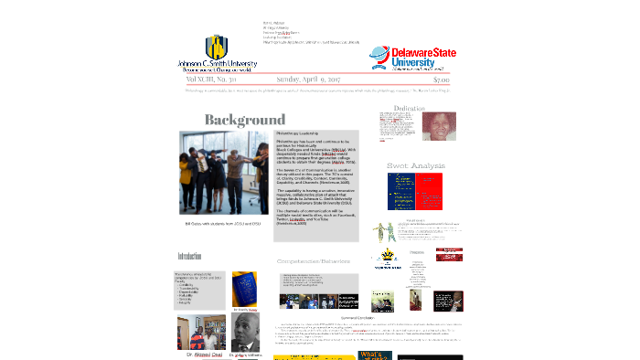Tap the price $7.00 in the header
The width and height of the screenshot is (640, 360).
click(x=442, y=79)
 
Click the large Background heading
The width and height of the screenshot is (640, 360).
click(x=245, y=120)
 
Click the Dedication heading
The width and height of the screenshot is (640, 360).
click(x=409, y=109)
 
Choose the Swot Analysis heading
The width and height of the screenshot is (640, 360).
click(x=416, y=165)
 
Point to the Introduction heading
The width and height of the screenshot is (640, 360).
click(x=189, y=257)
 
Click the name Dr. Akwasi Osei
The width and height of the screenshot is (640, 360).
click(x=201, y=354)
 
